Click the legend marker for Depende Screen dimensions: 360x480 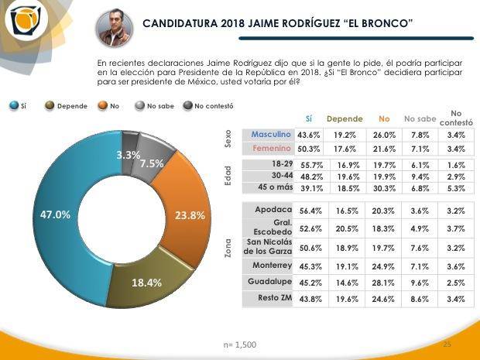click(50, 106)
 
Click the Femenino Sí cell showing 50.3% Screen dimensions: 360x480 click(307, 148)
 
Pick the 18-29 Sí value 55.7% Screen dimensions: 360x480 click(307, 166)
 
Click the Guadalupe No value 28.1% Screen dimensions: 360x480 click(382, 283)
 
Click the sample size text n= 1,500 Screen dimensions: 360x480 click(239, 344)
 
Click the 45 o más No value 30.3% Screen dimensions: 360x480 click(382, 188)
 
